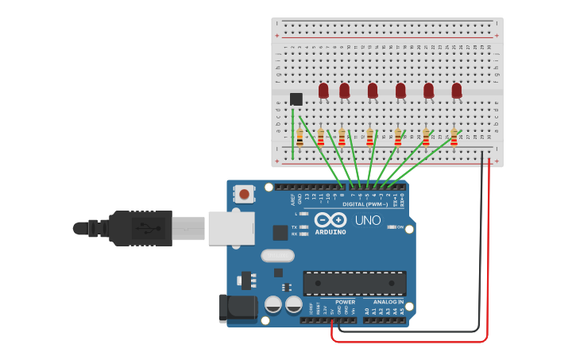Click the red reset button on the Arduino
click(x=245, y=193)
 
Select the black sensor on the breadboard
click(x=296, y=99)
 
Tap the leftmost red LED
click(x=323, y=91)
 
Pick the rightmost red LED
click(x=457, y=91)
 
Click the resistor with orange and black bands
click(x=300, y=138)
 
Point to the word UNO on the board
click(x=367, y=220)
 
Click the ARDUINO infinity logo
click(x=330, y=220)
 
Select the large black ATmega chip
click(x=354, y=283)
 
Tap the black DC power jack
click(x=238, y=308)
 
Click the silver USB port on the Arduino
click(x=231, y=228)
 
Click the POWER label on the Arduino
click(x=345, y=302)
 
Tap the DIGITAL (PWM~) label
click(x=365, y=204)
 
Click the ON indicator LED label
click(x=400, y=226)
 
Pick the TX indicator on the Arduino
click(x=295, y=226)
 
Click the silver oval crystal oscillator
click(x=277, y=256)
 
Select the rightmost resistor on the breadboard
click(x=454, y=138)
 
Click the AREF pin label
click(x=292, y=196)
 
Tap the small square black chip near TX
click(x=280, y=232)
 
